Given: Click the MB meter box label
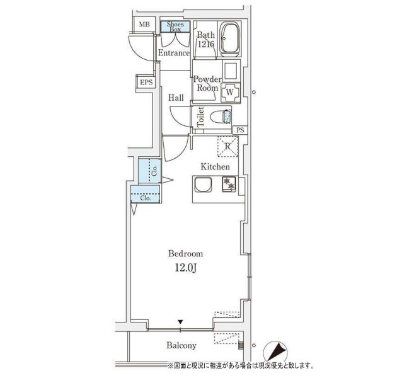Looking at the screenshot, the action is point(144,25).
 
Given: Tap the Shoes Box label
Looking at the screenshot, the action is point(175,27).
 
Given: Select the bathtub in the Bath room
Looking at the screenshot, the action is point(230,40).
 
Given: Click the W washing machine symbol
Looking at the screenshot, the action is point(230,92).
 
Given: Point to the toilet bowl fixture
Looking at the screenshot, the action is point(221,117).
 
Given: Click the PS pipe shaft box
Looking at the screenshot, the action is point(240,130).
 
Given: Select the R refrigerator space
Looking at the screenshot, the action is point(227,147).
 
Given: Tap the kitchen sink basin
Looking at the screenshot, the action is point(203,185).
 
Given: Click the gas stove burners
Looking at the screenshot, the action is point(229,184).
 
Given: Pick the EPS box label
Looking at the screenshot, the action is point(146,83).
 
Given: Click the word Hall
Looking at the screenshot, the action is point(176,98).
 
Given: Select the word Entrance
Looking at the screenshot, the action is point(174,53).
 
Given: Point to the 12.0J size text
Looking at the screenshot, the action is point(186,268).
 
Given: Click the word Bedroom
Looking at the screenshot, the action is point(186,254).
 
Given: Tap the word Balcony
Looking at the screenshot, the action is point(181,346).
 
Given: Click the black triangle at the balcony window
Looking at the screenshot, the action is point(180,322).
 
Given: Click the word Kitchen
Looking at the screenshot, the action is point(216,166).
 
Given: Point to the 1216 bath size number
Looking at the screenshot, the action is point(206,44).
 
